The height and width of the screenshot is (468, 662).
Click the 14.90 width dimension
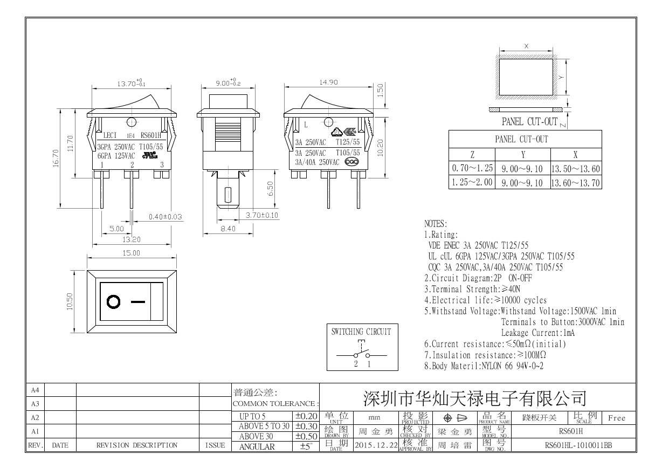(329, 82)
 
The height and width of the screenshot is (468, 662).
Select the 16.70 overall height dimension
(56, 159)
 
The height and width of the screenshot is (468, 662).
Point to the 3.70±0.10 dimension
(262, 216)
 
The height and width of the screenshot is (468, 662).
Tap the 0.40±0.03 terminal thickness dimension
(165, 217)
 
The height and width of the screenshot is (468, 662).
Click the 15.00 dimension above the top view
(132, 253)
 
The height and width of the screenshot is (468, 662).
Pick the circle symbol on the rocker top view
(114, 302)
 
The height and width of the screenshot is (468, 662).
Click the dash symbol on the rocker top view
(139, 302)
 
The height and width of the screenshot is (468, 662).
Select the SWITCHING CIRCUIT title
(361, 332)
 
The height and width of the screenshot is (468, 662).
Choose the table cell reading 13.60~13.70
(575, 183)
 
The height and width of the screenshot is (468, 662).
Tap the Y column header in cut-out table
(523, 154)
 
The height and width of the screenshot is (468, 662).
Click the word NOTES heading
(436, 224)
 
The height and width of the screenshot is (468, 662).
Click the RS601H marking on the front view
(150, 136)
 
